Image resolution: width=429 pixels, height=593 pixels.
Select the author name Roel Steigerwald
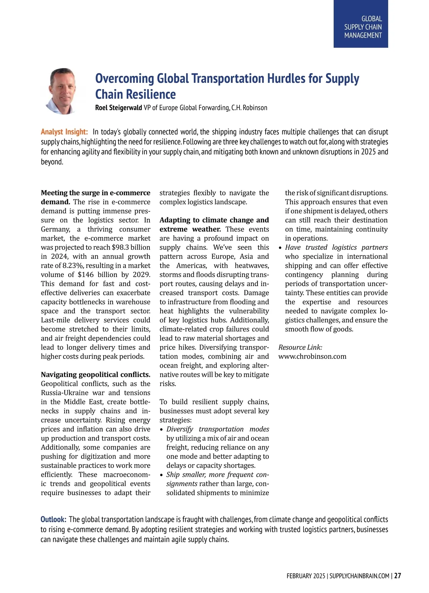(x=118, y=108)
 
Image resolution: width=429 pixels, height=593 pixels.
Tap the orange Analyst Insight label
(x=64, y=132)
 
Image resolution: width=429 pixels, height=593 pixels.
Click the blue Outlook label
(x=53, y=519)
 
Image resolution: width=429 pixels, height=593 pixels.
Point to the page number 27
(x=398, y=576)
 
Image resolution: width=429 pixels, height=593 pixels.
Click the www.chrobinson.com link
(x=312, y=356)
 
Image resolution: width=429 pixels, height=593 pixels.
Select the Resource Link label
(x=300, y=347)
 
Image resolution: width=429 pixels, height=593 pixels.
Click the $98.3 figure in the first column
(x=122, y=247)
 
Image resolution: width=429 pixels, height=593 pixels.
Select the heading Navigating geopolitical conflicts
(x=95, y=375)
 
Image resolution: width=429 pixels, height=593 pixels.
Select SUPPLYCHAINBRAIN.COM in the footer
(x=359, y=576)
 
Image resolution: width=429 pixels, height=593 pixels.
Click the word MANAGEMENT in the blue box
(x=363, y=35)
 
